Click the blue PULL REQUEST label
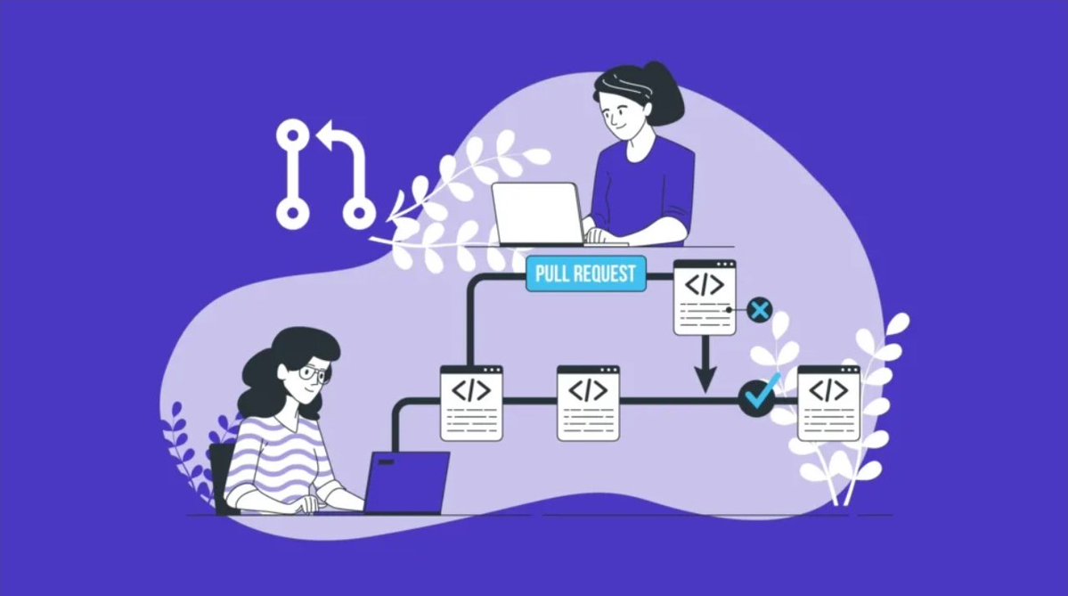click(x=585, y=274)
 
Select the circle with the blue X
click(x=759, y=310)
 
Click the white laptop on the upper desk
click(x=538, y=214)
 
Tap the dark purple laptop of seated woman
click(x=407, y=482)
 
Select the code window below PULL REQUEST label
click(x=705, y=298)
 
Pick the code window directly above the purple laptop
click(x=471, y=403)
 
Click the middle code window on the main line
click(x=588, y=403)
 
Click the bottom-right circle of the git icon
click(x=359, y=213)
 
